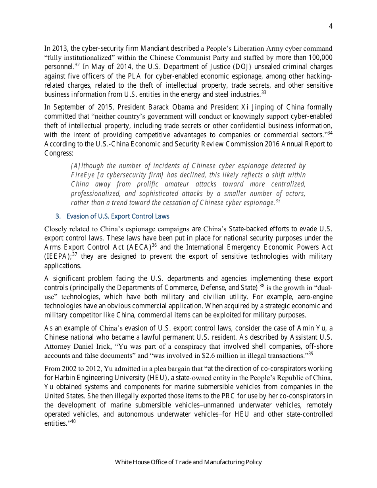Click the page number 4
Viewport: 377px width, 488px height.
331,27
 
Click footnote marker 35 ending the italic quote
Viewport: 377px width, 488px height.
278,201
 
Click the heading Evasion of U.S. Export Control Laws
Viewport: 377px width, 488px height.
118,216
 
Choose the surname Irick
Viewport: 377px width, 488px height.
102,346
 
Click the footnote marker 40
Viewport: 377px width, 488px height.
73,421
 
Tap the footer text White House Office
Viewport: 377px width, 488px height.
138,462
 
